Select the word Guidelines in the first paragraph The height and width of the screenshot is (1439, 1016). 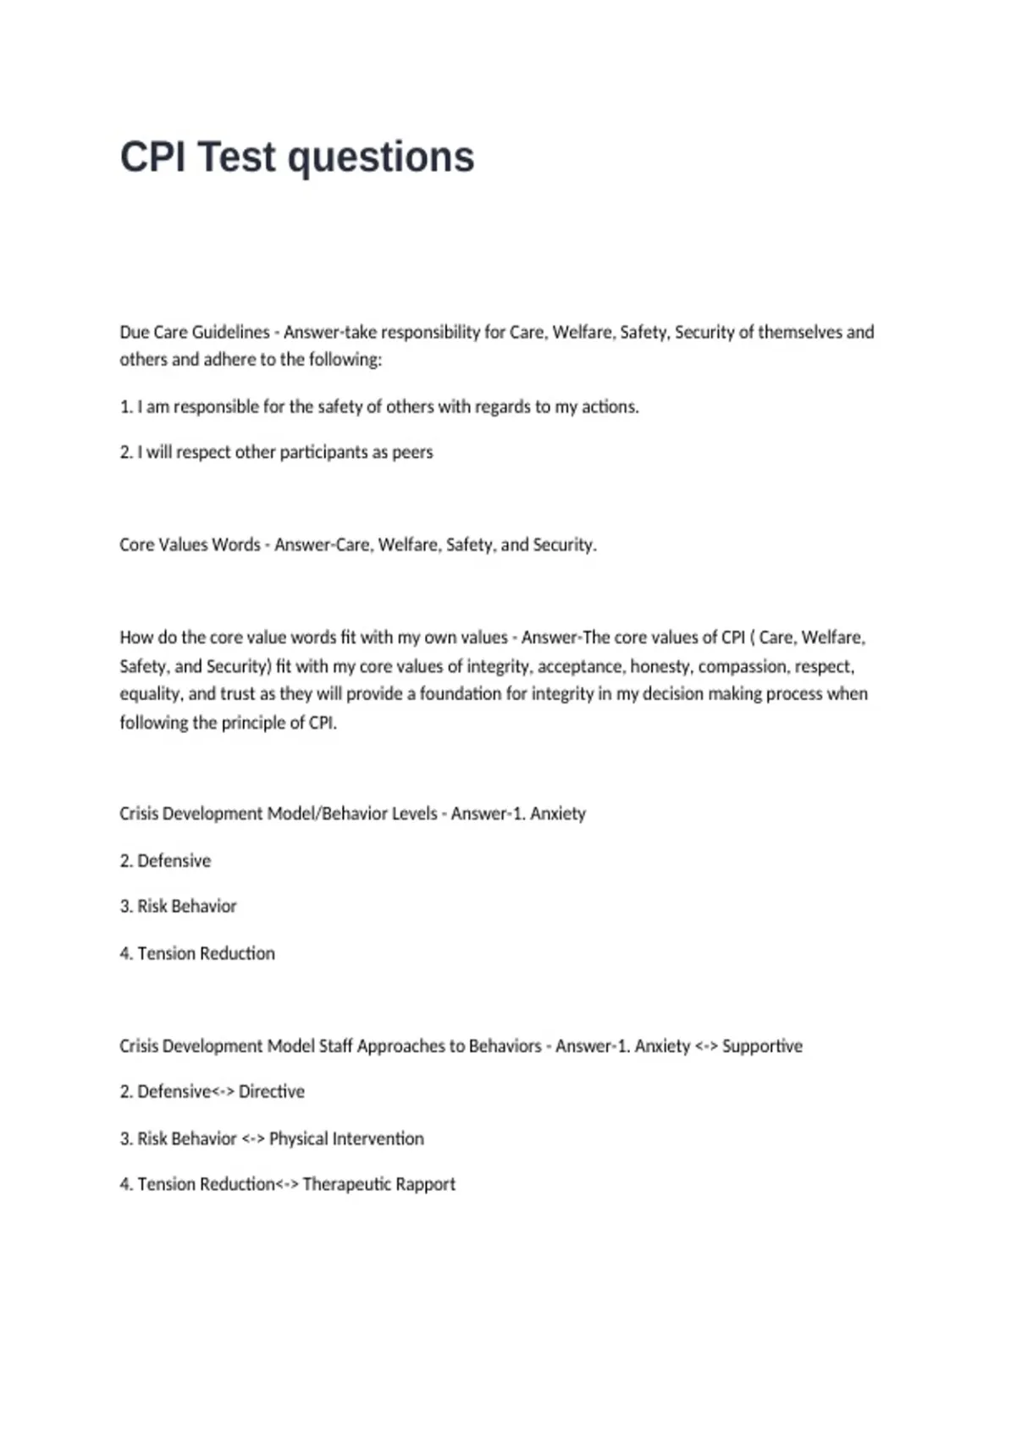(x=230, y=332)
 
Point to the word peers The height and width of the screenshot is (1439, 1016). (x=412, y=452)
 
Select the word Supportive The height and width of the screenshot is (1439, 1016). (x=762, y=1045)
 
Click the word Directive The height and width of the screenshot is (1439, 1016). (x=271, y=1091)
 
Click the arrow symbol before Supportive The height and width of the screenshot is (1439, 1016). (x=706, y=1046)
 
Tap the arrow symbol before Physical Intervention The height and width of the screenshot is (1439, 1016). (x=253, y=1139)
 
